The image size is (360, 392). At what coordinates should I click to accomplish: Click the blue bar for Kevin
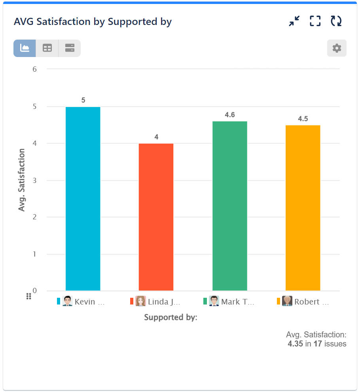point(83,199)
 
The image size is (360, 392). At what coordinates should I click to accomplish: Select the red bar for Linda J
point(156,217)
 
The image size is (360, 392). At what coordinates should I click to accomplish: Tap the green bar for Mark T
point(229,206)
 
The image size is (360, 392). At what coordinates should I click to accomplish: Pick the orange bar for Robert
point(303,208)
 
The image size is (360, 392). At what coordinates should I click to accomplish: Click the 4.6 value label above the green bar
point(230,115)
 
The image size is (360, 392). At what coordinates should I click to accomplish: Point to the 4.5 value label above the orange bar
point(303,119)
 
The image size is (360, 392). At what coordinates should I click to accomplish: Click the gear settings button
point(337,48)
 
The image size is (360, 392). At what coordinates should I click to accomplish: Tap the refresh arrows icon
point(336,21)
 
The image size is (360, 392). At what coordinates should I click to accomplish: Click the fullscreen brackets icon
point(315,21)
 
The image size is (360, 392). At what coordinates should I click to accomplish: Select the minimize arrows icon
point(294,21)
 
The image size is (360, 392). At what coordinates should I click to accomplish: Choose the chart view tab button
point(25,48)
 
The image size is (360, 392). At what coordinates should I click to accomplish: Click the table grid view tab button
point(47,48)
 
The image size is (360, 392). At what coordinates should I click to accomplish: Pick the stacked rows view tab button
point(70,48)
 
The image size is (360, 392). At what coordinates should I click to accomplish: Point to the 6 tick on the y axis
point(34,69)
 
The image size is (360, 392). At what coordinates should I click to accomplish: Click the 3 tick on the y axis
point(34,180)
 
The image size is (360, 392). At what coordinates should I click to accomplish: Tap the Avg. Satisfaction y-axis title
point(22,180)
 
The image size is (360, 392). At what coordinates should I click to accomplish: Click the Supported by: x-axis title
point(171,317)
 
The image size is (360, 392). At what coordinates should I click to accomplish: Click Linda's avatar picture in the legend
point(140,301)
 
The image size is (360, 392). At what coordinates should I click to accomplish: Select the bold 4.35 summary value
point(295,344)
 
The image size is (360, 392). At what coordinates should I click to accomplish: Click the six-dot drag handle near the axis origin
point(28,296)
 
